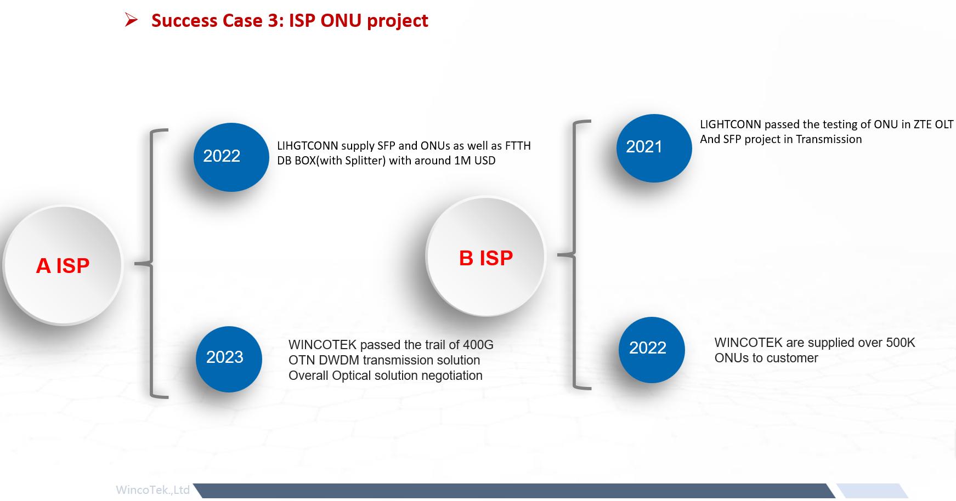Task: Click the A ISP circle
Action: (63, 265)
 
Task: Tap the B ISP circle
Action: (485, 257)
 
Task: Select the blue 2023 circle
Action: (229, 359)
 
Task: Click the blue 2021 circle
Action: (653, 148)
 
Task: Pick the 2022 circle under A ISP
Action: (231, 157)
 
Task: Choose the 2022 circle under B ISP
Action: (651, 350)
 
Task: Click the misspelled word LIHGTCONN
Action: (307, 146)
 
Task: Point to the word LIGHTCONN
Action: (730, 124)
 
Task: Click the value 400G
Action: (478, 345)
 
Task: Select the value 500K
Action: (900, 343)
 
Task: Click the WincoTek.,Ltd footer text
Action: (152, 489)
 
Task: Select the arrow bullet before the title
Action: (131, 20)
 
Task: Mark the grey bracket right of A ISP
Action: (152, 264)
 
